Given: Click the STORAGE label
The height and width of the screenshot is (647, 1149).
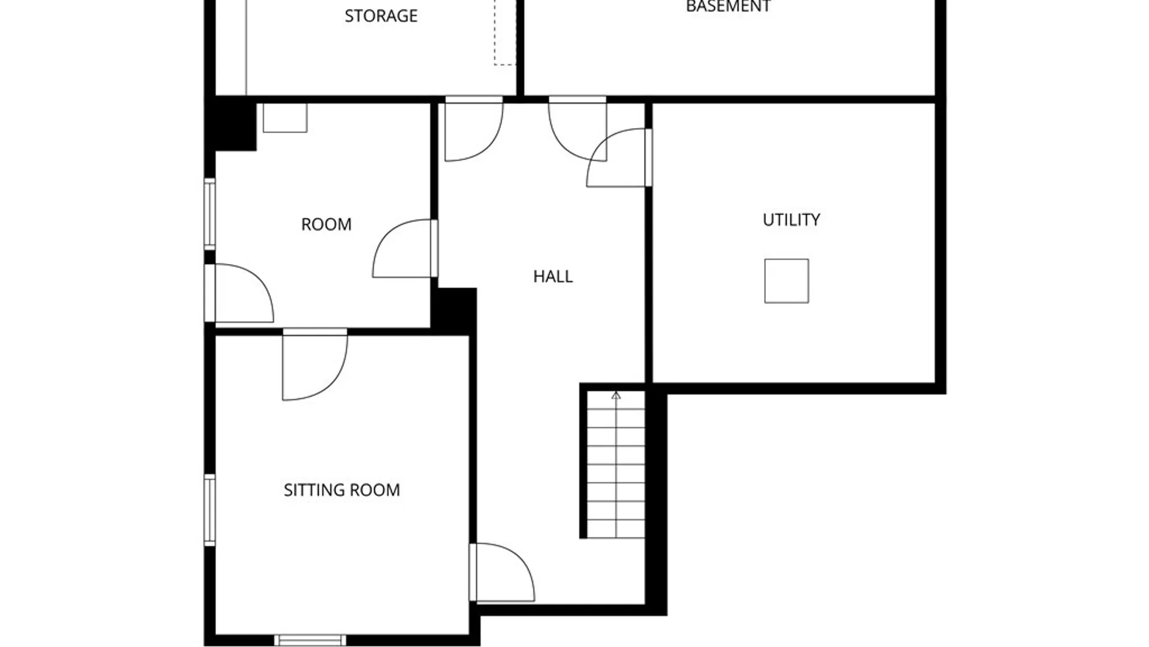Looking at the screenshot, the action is point(381,16).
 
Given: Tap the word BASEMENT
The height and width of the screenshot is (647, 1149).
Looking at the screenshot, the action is point(728,7).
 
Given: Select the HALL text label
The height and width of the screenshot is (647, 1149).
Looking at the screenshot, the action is point(553,276).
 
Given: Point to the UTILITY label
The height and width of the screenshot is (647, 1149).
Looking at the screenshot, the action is point(791,220).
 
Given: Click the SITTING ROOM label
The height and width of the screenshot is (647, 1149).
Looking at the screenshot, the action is point(342,490).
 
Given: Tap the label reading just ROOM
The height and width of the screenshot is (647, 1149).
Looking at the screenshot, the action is point(326,224).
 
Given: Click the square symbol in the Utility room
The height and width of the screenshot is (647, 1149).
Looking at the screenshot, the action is point(786,281).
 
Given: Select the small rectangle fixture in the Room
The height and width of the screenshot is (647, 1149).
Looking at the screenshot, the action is point(285,118).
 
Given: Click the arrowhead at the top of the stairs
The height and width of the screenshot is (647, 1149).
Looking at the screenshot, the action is point(616,395).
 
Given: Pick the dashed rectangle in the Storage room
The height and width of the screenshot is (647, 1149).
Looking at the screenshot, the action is point(505,32).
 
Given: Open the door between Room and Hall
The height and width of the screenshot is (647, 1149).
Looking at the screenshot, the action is point(405,248).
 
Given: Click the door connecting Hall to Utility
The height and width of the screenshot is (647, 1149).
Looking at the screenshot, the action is point(619,158).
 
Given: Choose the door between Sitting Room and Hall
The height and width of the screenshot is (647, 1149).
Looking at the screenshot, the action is point(501,572).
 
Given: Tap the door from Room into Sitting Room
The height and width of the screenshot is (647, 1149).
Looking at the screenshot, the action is point(315,364).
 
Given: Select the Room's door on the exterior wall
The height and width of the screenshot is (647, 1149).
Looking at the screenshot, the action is point(239,293).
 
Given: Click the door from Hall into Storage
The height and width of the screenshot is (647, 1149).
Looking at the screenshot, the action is point(474,129).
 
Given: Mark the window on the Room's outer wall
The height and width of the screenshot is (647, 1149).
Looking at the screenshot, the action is point(209,214).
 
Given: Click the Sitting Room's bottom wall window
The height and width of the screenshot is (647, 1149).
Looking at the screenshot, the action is point(310,640).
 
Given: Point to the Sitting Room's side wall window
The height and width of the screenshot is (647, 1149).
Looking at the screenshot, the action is point(209,510).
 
